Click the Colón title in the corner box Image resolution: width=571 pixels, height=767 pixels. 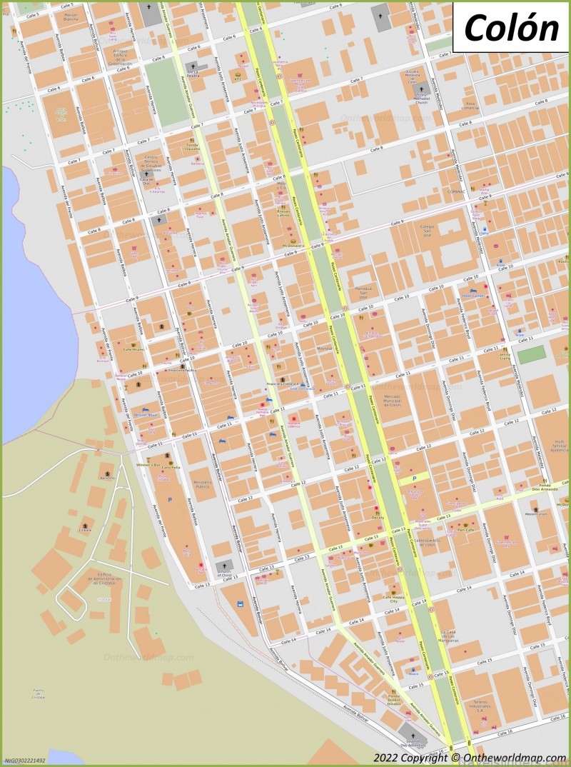point(511,28)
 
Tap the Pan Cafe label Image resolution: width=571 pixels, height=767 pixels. point(465,530)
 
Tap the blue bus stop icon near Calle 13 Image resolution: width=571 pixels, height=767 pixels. point(240,604)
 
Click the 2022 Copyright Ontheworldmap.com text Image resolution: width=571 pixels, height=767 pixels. point(470,757)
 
